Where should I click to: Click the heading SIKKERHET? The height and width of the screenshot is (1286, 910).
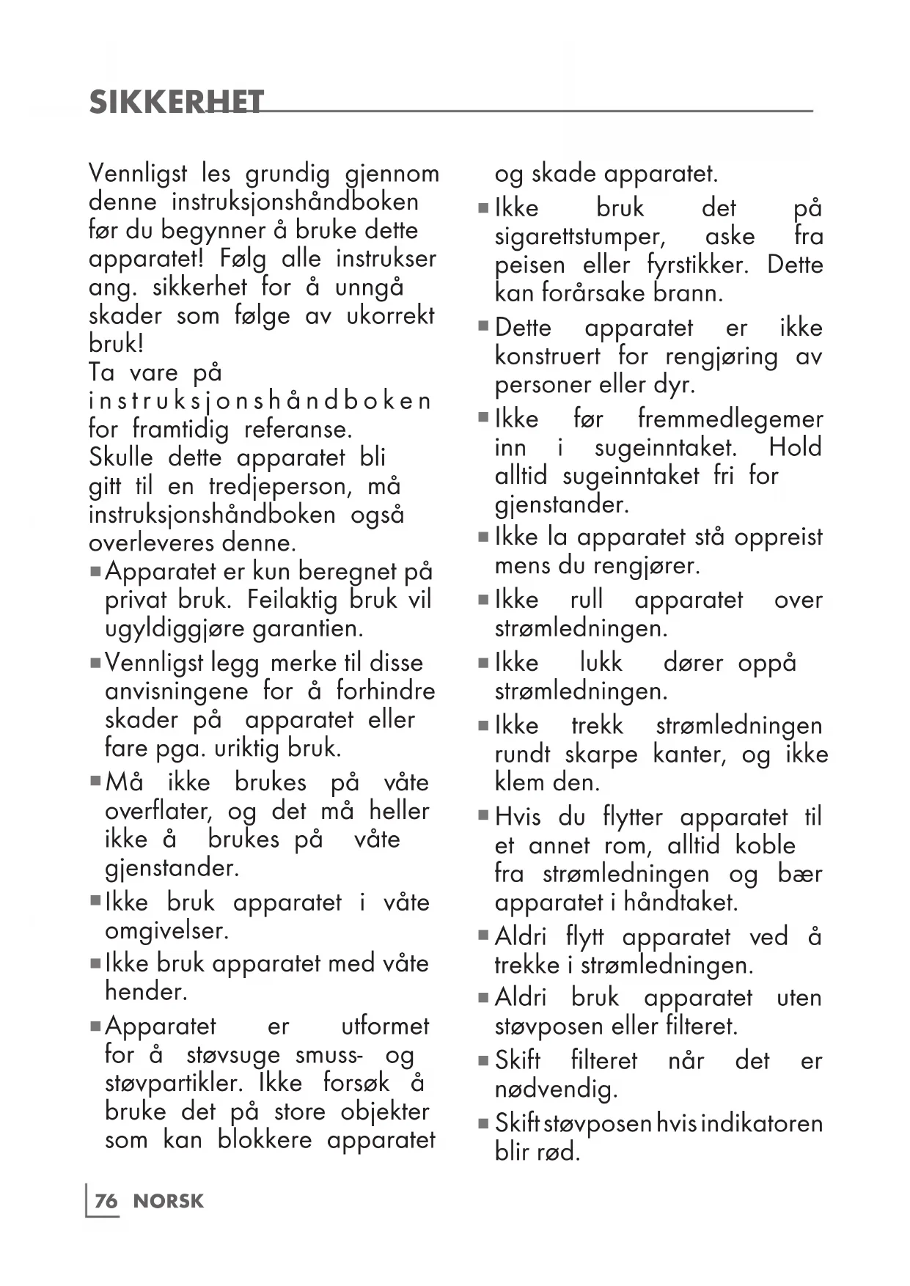pos(176,103)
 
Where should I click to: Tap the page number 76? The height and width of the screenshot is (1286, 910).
pos(106,1201)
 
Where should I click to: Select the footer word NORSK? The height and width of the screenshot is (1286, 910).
pos(169,1201)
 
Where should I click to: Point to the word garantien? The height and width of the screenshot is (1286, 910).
pos(307,628)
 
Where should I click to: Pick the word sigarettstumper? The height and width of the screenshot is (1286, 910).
pos(580,237)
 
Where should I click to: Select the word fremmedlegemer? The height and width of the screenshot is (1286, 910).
pos(730,419)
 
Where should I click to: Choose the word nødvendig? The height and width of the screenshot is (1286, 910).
pos(556,1090)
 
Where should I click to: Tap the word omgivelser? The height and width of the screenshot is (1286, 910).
pos(166,931)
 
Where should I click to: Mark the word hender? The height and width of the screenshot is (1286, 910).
pos(146,991)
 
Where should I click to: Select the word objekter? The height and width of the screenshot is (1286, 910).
pos(385,1112)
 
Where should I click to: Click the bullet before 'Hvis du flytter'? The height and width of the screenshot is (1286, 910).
pos(483,815)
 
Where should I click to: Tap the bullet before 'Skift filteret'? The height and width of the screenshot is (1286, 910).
pos(483,1060)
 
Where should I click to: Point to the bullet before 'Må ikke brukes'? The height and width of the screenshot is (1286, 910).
pos(95,781)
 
